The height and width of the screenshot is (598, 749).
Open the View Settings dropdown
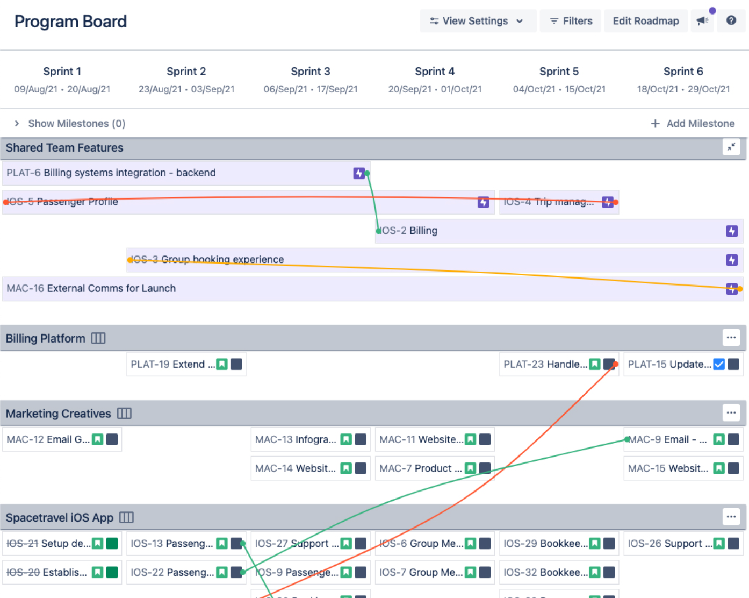coord(477,21)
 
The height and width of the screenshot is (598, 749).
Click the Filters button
coord(571,21)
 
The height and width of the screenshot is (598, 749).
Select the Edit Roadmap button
coord(645,21)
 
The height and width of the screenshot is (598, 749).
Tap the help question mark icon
coord(731,20)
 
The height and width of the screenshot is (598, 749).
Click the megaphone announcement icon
coord(702,21)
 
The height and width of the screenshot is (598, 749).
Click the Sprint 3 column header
coord(311,72)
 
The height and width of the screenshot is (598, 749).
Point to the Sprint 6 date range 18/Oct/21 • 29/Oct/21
coord(683,89)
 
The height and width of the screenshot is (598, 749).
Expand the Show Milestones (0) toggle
coord(70,124)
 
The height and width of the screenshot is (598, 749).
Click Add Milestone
coord(693,124)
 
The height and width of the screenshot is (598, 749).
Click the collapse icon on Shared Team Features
coord(731,147)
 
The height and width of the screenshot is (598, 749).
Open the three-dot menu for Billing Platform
coord(731,338)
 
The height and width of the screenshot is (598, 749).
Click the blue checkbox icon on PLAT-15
coord(719,365)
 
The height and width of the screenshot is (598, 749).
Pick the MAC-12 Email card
coord(48,440)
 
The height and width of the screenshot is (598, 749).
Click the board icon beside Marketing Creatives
coord(124,414)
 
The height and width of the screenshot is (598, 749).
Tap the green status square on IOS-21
coord(112,544)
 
